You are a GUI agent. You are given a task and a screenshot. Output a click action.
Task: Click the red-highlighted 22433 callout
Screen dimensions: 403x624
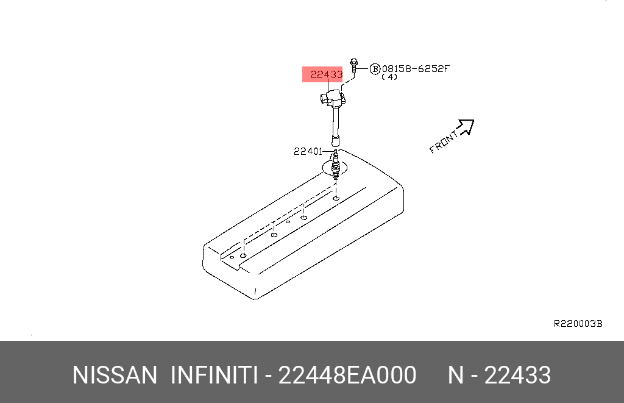pyautogui.click(x=326, y=74)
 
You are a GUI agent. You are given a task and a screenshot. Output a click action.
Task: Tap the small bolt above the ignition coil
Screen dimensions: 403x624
pyautogui.click(x=354, y=66)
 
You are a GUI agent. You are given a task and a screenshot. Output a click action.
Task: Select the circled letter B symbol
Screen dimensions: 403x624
pyautogui.click(x=375, y=69)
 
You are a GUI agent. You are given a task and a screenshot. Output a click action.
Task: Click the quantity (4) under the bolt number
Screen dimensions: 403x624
pyautogui.click(x=389, y=77)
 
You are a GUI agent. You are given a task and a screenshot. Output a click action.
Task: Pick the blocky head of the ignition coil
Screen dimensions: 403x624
pyautogui.click(x=334, y=98)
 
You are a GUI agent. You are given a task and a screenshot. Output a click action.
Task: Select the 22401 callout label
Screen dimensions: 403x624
pyautogui.click(x=308, y=151)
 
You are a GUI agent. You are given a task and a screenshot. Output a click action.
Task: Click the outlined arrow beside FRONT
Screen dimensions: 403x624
pyautogui.click(x=466, y=126)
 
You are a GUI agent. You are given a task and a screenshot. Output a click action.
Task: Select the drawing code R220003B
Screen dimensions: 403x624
pyautogui.click(x=577, y=324)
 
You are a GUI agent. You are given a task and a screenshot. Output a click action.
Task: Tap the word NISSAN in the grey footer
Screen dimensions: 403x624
pyautogui.click(x=115, y=376)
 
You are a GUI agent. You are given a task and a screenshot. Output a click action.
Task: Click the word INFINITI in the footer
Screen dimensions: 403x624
pyautogui.click(x=213, y=376)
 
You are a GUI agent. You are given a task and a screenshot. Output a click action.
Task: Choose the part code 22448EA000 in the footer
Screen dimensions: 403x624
pyautogui.click(x=347, y=376)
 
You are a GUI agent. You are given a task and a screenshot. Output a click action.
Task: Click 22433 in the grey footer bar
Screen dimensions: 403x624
pyautogui.click(x=517, y=376)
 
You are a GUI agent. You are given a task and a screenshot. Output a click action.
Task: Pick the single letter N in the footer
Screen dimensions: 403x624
pyautogui.click(x=456, y=376)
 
